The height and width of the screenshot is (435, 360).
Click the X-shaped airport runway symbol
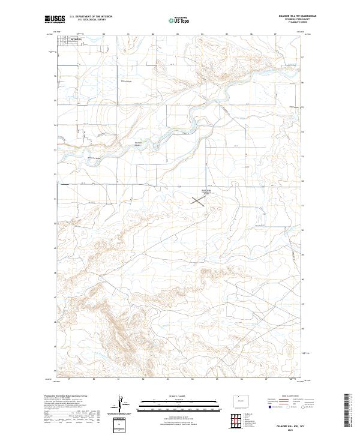(199, 202)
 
